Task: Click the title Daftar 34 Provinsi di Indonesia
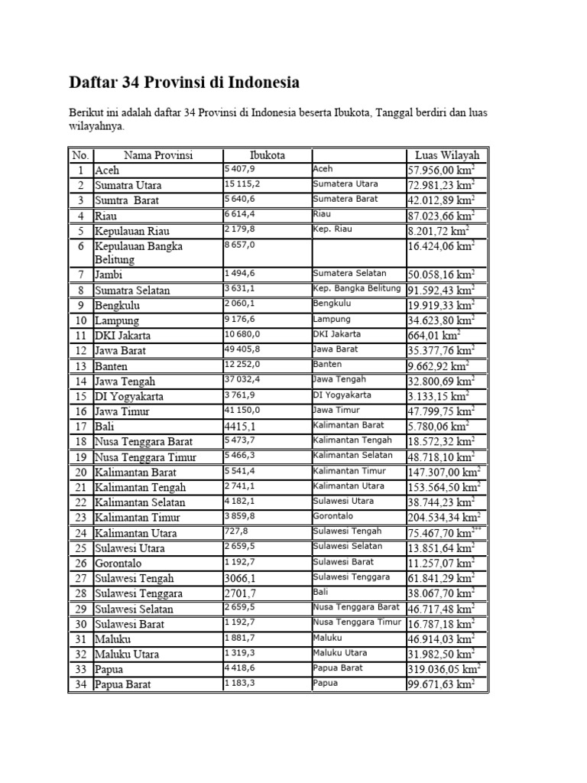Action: click(x=184, y=82)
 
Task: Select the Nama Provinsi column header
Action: click(x=158, y=155)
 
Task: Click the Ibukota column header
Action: click(x=267, y=155)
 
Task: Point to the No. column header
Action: click(x=80, y=155)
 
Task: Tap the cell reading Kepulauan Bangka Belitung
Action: click(x=138, y=252)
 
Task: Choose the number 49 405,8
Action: click(x=243, y=349)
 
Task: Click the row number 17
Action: click(x=80, y=426)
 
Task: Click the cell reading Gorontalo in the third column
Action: click(x=332, y=516)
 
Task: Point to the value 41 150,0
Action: click(x=243, y=410)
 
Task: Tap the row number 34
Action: click(x=80, y=684)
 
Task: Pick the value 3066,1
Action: click(x=240, y=577)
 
